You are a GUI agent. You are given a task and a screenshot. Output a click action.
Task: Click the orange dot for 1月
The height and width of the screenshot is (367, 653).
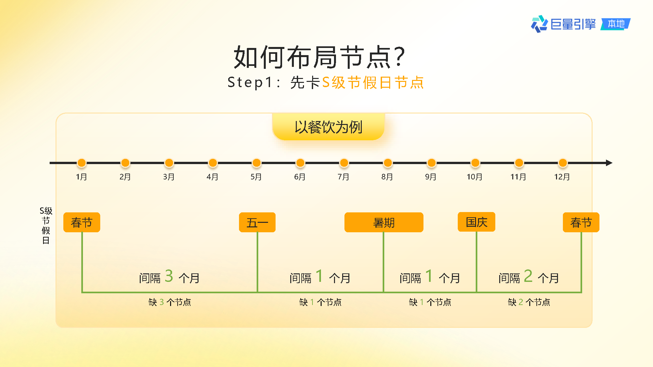(82, 163)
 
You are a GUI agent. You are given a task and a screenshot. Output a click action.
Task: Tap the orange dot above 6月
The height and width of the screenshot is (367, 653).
(300, 163)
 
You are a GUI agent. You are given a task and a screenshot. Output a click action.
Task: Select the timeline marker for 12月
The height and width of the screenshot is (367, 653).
(563, 163)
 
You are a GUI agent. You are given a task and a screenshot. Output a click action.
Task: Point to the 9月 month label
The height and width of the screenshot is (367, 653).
(431, 177)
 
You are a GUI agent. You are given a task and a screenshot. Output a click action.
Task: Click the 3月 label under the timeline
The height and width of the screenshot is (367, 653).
(169, 177)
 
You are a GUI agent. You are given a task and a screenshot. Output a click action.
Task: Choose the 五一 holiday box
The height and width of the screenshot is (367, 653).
(257, 222)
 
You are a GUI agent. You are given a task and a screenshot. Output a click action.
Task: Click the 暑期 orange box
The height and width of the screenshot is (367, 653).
(384, 222)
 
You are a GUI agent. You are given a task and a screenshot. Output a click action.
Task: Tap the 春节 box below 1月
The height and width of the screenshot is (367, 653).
(82, 222)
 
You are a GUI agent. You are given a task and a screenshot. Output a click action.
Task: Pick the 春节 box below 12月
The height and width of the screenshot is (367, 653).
(581, 222)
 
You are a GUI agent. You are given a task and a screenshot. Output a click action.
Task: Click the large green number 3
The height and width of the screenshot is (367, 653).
(169, 276)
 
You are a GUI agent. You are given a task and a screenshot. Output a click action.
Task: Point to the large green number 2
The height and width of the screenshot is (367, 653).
(528, 276)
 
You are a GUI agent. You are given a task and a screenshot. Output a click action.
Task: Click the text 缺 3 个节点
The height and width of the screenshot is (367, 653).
(170, 302)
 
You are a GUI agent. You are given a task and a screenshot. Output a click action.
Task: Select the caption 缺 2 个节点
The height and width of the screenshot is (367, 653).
(529, 302)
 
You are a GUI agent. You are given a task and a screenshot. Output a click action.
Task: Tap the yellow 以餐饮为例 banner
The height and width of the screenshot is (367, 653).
(328, 127)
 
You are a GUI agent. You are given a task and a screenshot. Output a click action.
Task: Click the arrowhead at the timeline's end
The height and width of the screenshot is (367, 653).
(609, 163)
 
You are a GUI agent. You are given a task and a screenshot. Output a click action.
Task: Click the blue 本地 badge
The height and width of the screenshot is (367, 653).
(616, 24)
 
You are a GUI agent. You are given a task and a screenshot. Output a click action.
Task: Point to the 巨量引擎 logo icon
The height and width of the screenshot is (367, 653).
(539, 24)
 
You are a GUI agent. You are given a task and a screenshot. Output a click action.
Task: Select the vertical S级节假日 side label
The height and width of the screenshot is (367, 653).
(46, 225)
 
